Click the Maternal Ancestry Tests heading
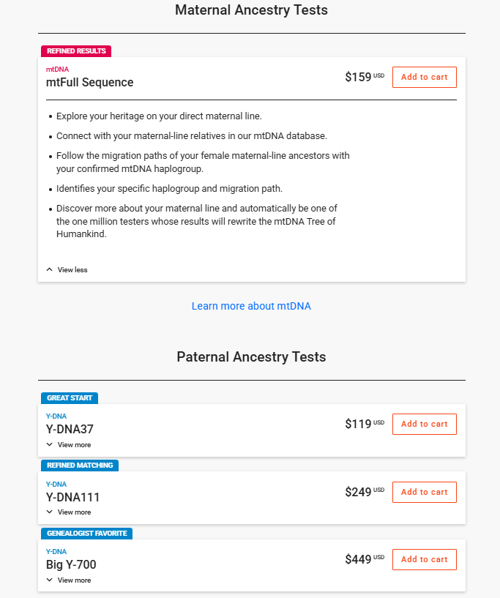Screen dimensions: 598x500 click(x=251, y=10)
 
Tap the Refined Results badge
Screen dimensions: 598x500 click(x=76, y=51)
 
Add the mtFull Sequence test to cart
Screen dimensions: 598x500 click(x=424, y=77)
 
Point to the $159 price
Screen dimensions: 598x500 click(x=359, y=77)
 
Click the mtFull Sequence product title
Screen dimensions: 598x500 click(x=89, y=82)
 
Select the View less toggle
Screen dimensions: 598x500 click(x=67, y=269)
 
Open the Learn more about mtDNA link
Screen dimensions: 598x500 click(x=251, y=306)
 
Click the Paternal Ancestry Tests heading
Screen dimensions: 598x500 click(x=251, y=357)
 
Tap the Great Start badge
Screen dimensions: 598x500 click(x=70, y=398)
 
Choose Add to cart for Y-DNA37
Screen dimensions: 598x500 click(x=424, y=424)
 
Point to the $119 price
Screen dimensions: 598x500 click(x=359, y=424)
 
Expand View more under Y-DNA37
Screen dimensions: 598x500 click(x=69, y=444)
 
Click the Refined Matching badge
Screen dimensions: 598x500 click(x=80, y=466)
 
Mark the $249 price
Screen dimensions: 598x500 click(x=359, y=492)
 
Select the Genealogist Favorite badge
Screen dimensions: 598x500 click(x=86, y=534)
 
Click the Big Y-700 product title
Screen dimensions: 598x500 click(x=71, y=564)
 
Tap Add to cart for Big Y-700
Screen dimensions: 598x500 click(x=424, y=559)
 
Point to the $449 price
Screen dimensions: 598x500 click(x=359, y=559)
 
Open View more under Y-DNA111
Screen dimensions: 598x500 click(x=69, y=512)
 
